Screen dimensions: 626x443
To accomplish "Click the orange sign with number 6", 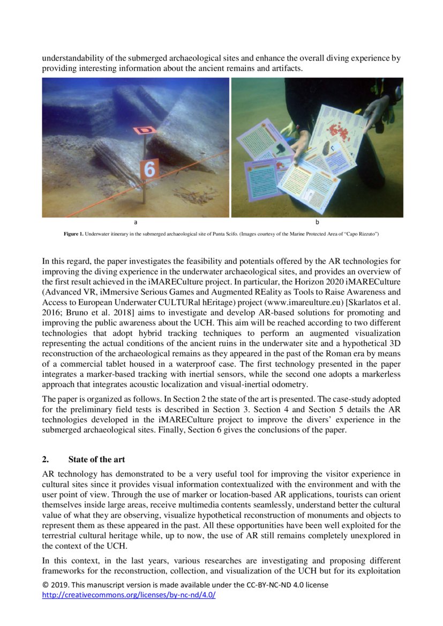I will [x=149, y=169].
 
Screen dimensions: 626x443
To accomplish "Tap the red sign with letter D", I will [x=145, y=130].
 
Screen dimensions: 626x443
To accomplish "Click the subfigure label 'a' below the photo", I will [x=136, y=222].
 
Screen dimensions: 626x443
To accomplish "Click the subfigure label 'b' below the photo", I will [x=317, y=222].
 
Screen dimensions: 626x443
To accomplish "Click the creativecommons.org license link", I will [x=129, y=595].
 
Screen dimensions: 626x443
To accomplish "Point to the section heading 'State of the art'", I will [x=97, y=459].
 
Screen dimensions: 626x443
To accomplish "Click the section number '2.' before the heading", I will [x=46, y=459].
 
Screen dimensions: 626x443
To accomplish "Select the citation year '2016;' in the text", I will [x=52, y=313].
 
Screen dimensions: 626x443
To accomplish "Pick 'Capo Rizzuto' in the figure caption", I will [x=365, y=235].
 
